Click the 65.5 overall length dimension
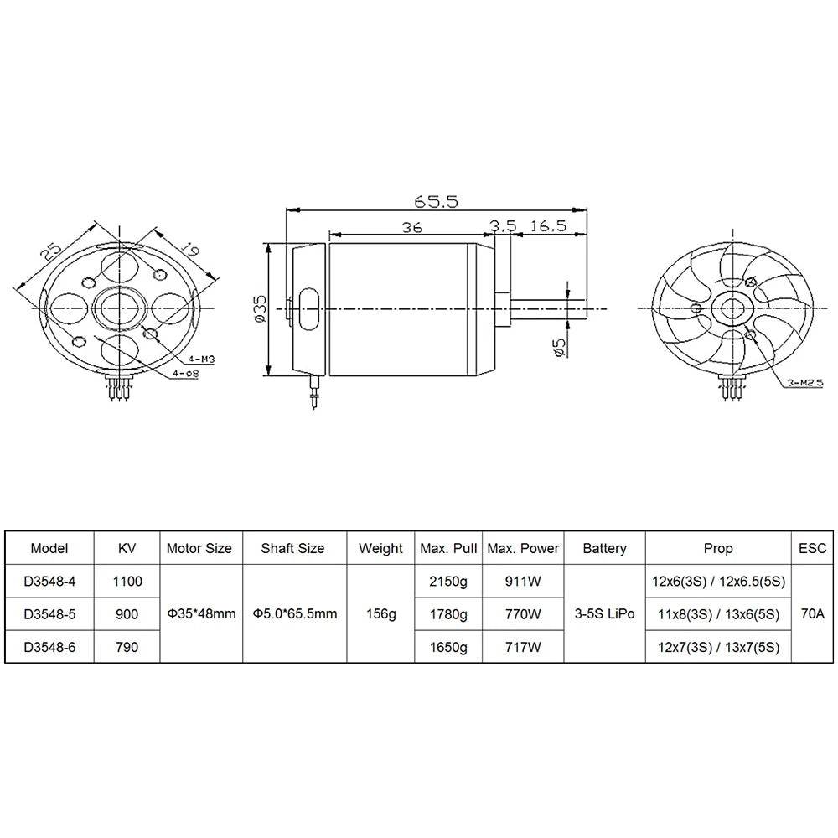(x=435, y=202)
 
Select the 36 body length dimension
(x=411, y=226)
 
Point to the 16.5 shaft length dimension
(x=549, y=226)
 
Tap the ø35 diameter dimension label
(x=259, y=309)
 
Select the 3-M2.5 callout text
(x=803, y=384)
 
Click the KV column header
(x=126, y=549)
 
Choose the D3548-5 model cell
(x=49, y=613)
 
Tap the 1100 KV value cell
(x=126, y=581)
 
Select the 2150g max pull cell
(x=448, y=581)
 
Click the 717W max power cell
(x=524, y=646)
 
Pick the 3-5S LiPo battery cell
(x=604, y=613)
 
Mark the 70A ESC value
(x=812, y=613)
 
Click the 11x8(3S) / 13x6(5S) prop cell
(x=718, y=613)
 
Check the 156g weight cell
(x=380, y=613)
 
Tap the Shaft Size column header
(x=292, y=549)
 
